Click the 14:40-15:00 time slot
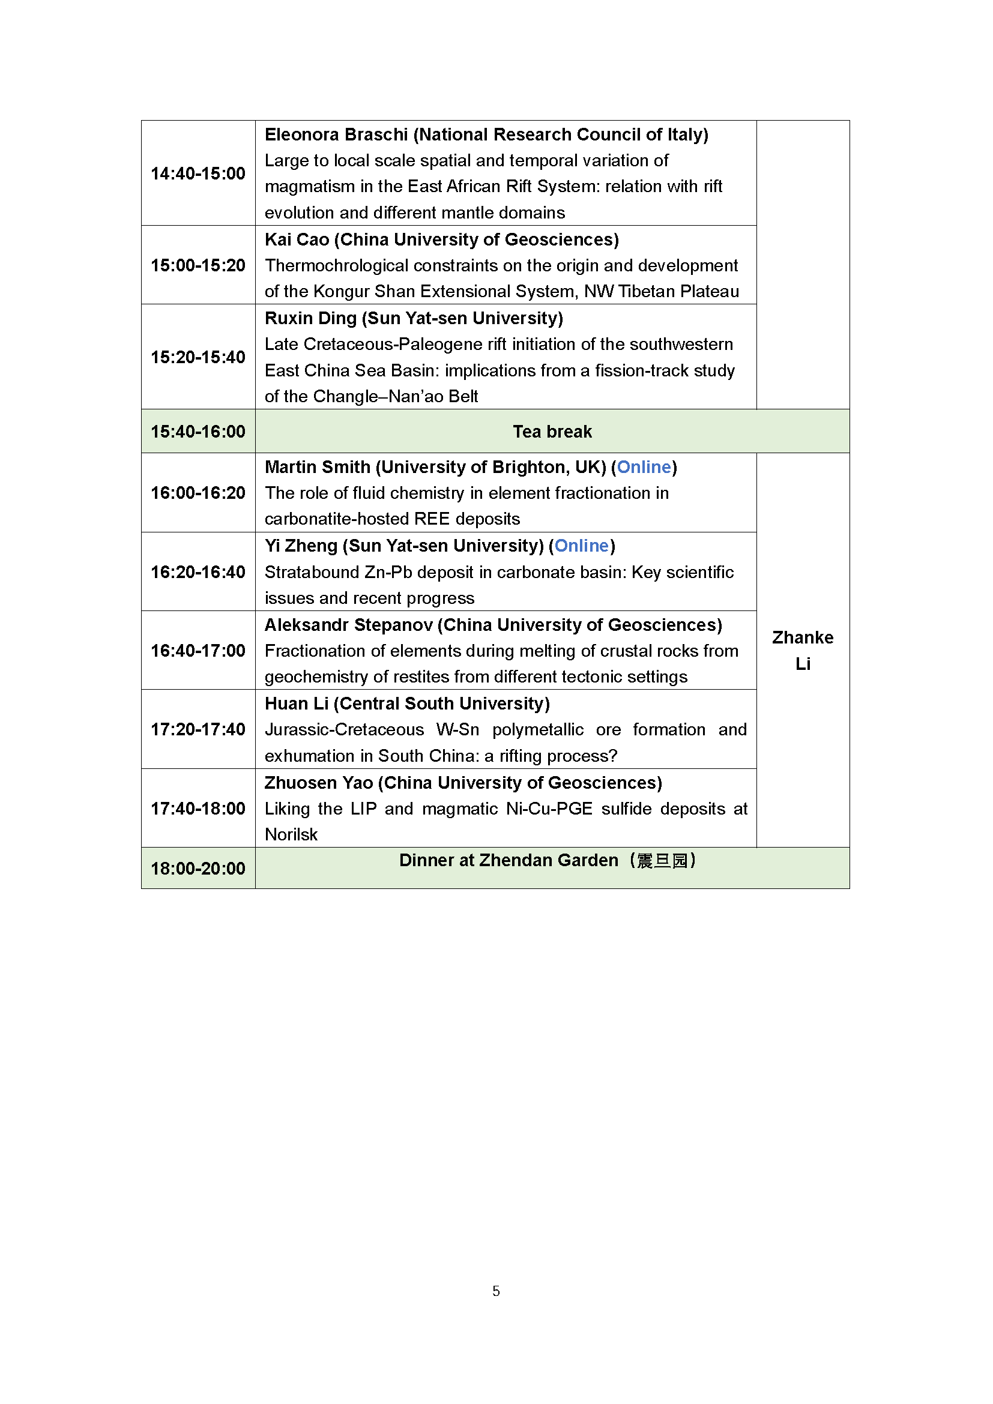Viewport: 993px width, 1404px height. [x=198, y=173]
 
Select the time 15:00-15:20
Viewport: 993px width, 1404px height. [x=198, y=265]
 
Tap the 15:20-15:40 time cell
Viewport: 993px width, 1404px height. [x=198, y=357]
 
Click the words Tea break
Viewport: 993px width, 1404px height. [x=552, y=432]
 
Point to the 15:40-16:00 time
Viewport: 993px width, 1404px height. [x=198, y=432]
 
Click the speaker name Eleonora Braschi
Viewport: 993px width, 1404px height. [x=336, y=134]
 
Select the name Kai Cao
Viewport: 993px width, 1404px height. [x=297, y=240]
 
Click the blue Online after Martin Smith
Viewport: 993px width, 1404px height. [x=644, y=467]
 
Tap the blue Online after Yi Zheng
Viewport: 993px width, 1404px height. [x=582, y=546]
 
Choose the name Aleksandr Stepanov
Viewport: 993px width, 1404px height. [x=349, y=625]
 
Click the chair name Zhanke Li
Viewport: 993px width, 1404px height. [x=802, y=650]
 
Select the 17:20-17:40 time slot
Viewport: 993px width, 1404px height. [x=198, y=729]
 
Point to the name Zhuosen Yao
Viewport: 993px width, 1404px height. [x=319, y=783]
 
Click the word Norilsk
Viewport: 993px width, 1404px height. [x=291, y=835]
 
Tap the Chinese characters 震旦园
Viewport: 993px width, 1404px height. [x=662, y=861]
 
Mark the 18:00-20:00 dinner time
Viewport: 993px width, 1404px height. [x=198, y=869]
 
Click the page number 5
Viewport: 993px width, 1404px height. [x=496, y=1291]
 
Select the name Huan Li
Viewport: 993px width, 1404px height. [x=297, y=704]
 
